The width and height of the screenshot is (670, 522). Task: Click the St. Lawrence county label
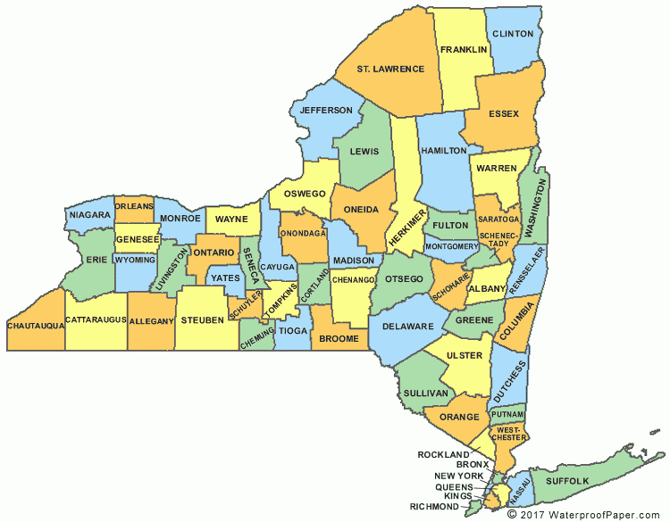point(390,68)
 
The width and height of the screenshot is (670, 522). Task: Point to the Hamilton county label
point(443,151)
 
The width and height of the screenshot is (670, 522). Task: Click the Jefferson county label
point(326,110)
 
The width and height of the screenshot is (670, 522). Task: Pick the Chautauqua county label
point(36,326)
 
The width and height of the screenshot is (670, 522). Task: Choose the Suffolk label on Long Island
point(567,481)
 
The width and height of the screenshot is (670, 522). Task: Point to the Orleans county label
point(134,204)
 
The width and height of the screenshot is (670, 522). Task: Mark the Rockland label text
point(443,454)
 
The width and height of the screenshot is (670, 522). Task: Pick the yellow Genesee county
point(137,240)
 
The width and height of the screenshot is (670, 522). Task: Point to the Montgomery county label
point(453,246)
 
